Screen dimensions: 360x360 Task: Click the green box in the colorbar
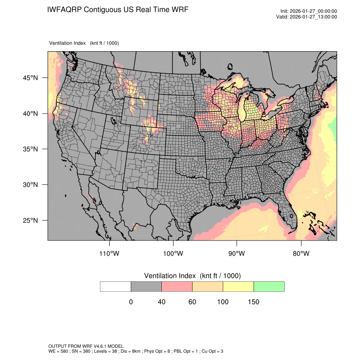(269, 286)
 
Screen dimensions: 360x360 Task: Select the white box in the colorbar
(116, 286)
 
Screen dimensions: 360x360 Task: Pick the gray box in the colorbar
(146, 286)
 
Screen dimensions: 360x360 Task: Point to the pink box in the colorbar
(177, 286)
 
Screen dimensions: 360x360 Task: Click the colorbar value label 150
(253, 302)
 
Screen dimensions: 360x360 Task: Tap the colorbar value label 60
(192, 302)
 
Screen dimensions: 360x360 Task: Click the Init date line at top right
(309, 11)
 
